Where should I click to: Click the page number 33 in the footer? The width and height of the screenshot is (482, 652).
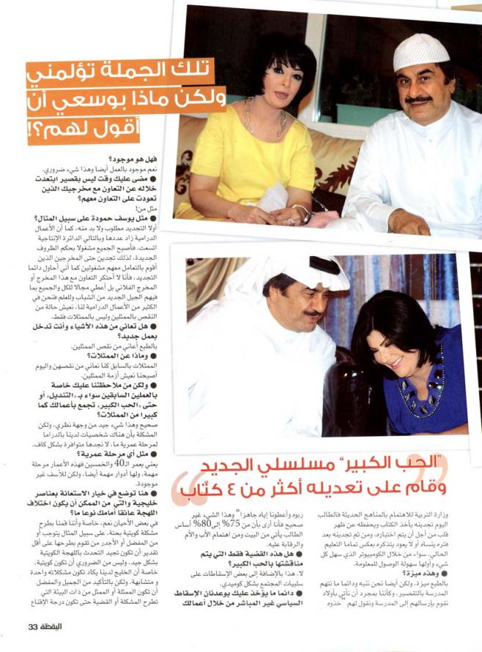[33, 626]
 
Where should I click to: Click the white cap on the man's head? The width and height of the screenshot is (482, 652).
[420, 51]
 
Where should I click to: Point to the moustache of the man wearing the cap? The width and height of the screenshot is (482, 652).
[418, 99]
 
